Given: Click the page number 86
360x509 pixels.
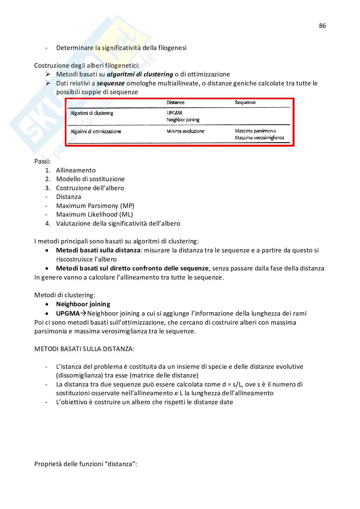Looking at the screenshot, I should click(322, 26).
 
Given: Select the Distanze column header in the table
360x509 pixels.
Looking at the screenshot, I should click(175, 103).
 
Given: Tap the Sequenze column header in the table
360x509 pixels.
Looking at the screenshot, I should click(245, 103).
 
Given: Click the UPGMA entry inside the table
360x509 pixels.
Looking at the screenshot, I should click(175, 113).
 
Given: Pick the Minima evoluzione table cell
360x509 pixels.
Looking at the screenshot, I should click(185, 131).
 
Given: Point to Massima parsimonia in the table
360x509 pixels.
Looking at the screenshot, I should click(255, 131).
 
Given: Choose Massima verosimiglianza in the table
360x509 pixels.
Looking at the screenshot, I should click(260, 138).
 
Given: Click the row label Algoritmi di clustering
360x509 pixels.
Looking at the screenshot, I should click(92, 113).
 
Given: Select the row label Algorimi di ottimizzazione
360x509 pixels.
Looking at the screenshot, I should click(96, 132).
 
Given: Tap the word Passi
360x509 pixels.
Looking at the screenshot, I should click(42, 161).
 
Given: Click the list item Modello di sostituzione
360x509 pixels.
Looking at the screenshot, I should click(90, 179).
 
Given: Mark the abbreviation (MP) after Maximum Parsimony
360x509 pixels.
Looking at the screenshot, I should click(128, 206).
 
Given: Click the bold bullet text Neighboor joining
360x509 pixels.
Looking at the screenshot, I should click(83, 304).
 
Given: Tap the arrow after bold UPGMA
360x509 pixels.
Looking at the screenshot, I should click(84, 313).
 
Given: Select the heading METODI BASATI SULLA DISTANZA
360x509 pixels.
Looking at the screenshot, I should click(84, 349).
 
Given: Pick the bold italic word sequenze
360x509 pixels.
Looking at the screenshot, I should click(111, 83).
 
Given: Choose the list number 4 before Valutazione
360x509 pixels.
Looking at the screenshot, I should click(48, 223).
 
